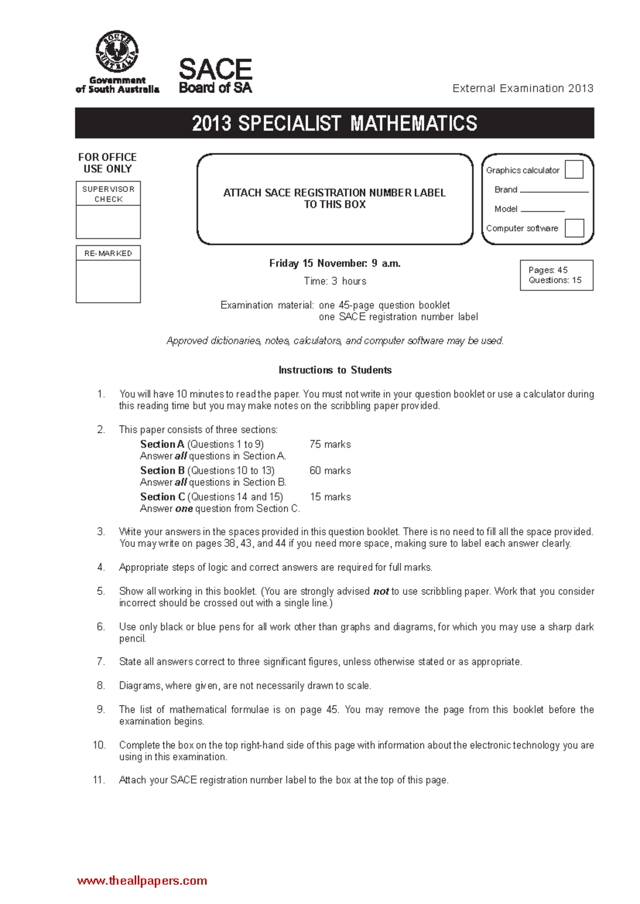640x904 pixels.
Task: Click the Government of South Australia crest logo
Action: tap(117, 52)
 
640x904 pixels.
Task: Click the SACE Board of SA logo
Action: tap(215, 76)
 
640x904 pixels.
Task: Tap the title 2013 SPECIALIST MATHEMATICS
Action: tap(334, 124)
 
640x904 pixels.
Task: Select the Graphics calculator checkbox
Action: tap(574, 170)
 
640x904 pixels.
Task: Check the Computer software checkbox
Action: tap(574, 228)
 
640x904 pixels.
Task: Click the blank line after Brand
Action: tap(554, 190)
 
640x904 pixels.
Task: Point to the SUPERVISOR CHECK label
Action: tap(108, 194)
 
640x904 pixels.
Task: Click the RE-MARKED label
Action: tap(108, 253)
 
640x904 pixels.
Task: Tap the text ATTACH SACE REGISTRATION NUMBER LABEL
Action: tap(334, 193)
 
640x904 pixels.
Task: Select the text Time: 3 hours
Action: tap(335, 281)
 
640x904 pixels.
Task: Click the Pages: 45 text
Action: tap(548, 270)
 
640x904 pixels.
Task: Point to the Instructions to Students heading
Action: tap(335, 370)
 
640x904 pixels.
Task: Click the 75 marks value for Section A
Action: tap(330, 445)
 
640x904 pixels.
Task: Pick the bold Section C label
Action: tap(162, 497)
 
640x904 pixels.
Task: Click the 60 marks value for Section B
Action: tap(330, 471)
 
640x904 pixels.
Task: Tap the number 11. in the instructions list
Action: tap(99, 780)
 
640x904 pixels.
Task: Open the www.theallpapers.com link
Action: tap(142, 881)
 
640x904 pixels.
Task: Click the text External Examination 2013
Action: tap(523, 88)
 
